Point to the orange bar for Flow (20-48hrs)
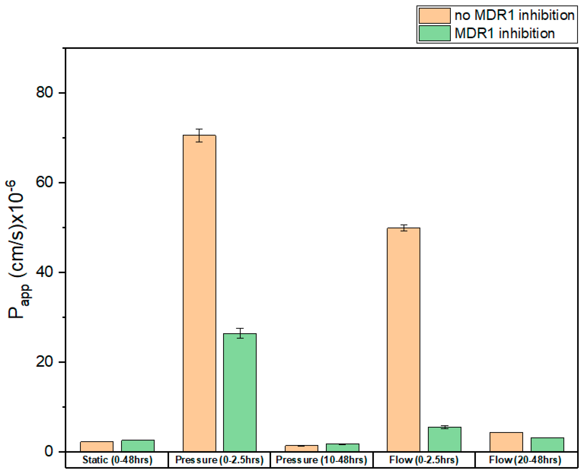pyautogui.click(x=506, y=442)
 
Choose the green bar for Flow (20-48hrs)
pyautogui.click(x=547, y=445)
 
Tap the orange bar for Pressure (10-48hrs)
pyautogui.click(x=302, y=448)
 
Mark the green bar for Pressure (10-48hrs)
pyautogui.click(x=343, y=447)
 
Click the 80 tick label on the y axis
pyautogui.click(x=44, y=92)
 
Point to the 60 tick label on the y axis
pyautogui.click(x=44, y=182)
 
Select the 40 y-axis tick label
pyautogui.click(x=44, y=272)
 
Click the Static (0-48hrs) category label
pyautogui.click(x=117, y=460)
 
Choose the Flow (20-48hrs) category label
pyautogui.click(x=525, y=460)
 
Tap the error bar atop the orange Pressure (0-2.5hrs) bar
pyautogui.click(x=199, y=135)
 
